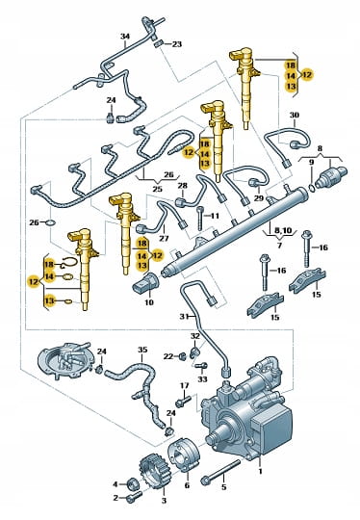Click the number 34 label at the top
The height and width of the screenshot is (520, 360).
(x=124, y=37)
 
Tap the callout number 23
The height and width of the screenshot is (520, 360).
(x=177, y=44)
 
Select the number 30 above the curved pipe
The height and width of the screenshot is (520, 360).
(x=294, y=116)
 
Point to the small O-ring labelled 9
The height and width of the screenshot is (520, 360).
(x=312, y=189)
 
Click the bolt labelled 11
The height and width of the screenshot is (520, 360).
(x=199, y=219)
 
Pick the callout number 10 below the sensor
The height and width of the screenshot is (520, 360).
(x=149, y=302)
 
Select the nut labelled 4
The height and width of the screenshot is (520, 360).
(x=134, y=483)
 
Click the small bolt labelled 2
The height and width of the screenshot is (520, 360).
(x=134, y=497)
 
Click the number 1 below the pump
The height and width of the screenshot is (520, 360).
(x=260, y=471)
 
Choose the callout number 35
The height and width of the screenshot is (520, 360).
(x=142, y=350)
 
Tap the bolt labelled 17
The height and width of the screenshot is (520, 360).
(x=183, y=402)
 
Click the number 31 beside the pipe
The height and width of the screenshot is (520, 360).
(x=184, y=317)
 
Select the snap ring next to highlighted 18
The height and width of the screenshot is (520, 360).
(x=70, y=263)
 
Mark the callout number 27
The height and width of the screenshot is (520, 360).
(x=164, y=238)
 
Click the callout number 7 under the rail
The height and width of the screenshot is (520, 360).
(x=279, y=246)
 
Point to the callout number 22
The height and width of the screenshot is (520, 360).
(x=168, y=356)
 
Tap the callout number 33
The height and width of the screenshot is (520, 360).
(x=202, y=378)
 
